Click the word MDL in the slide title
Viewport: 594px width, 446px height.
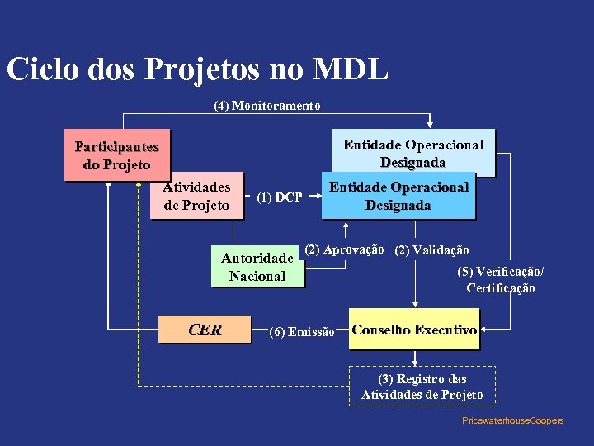point(351,69)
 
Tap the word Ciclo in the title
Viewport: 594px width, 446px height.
point(43,69)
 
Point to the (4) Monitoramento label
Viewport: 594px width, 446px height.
point(267,106)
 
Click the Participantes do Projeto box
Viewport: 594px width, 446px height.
point(117,154)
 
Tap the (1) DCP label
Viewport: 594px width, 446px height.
point(279,197)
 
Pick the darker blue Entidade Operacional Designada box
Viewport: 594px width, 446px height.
point(398,197)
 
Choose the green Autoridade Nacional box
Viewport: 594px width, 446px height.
point(257,267)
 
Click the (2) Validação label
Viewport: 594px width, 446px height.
point(432,250)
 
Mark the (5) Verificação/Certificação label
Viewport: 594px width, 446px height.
point(500,280)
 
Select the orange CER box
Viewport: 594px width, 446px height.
point(205,330)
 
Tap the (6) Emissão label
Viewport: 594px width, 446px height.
point(302,332)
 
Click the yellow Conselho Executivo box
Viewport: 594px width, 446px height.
point(413,330)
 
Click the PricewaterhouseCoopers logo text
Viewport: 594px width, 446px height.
point(512,420)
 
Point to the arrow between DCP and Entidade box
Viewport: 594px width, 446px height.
point(313,197)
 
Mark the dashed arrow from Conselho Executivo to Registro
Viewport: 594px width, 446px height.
point(413,356)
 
